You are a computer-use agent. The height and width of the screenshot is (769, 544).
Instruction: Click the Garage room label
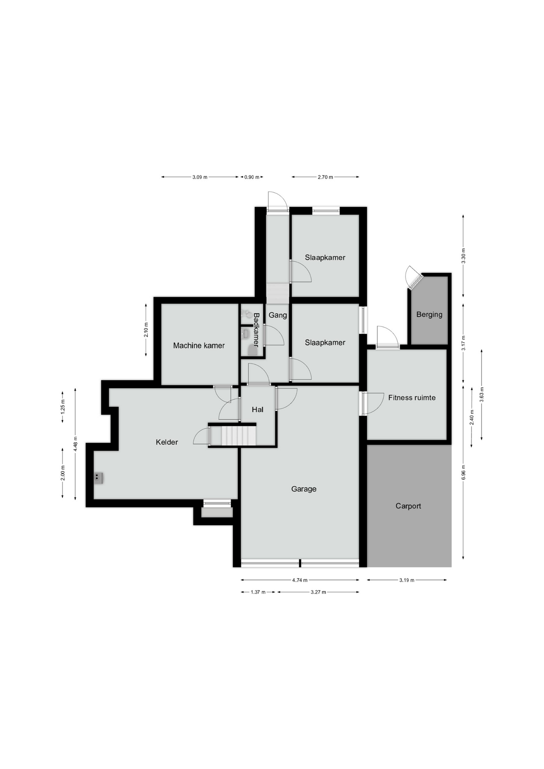pos(304,489)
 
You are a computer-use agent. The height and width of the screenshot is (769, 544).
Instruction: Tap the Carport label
pos(408,506)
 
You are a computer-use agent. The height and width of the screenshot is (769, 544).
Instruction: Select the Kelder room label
pos(167,442)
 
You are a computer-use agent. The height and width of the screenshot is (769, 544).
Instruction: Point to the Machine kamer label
pos(199,346)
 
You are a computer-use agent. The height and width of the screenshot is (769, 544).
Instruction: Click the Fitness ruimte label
pos(412,398)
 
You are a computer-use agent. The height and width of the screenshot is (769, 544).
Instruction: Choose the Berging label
pos(429,315)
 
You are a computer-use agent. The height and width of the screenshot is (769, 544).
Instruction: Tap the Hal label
pos(258,410)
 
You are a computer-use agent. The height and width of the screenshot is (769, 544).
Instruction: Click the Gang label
pos(278,315)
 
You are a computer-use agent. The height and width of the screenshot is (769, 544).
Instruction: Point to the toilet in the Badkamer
pos(252,350)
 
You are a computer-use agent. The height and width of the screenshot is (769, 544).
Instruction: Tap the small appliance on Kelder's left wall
pos(98,478)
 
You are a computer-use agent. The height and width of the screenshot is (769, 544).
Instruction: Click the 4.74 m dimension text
pos(300,580)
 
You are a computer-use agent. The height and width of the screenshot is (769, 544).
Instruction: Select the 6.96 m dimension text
pos(463,472)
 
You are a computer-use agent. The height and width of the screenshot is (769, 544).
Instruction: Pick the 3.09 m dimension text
pos(200,177)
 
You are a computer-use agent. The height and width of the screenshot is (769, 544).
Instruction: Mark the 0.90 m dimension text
pos(252,177)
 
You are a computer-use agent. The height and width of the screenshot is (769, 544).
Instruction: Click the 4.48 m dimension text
pos(75,444)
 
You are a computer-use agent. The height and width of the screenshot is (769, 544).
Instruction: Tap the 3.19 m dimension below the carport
pos(407,580)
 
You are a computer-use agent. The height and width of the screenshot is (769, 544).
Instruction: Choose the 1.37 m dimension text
pos(258,592)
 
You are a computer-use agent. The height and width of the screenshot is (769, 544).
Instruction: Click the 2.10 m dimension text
pos(146,330)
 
